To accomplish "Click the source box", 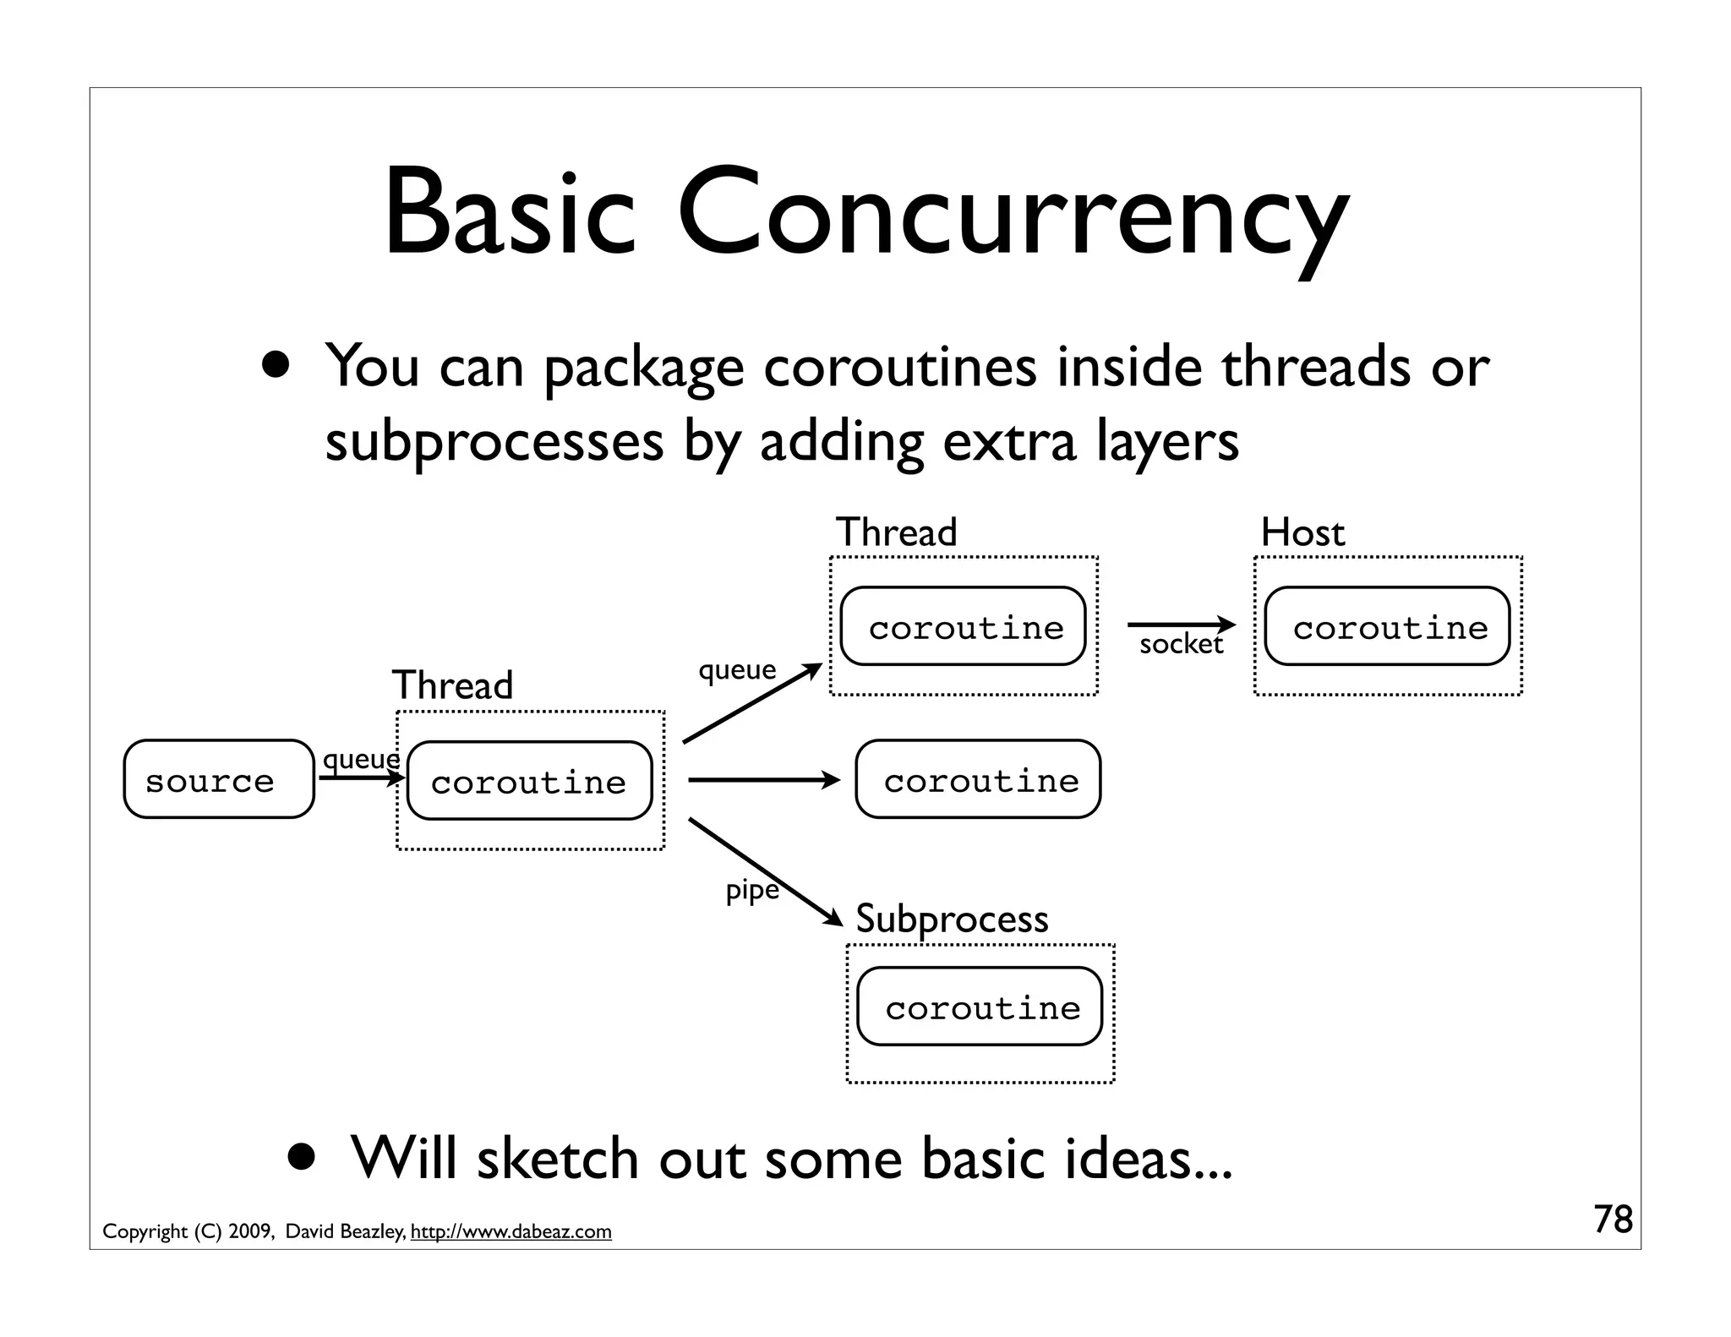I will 218,779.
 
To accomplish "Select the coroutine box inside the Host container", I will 1387,626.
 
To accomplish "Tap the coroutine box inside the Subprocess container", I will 980,1007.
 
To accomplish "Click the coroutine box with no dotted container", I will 978,779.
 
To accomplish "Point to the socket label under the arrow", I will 1181,645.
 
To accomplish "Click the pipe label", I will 751,890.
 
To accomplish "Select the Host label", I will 1302,532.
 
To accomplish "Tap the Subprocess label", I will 952,919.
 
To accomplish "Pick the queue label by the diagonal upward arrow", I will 736,669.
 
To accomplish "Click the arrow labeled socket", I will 1180,625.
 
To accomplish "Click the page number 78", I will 1613,1220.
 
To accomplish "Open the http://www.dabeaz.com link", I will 511,1231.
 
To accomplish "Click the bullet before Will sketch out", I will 301,1155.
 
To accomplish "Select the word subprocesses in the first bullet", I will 494,441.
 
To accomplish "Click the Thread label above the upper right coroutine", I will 896,532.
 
